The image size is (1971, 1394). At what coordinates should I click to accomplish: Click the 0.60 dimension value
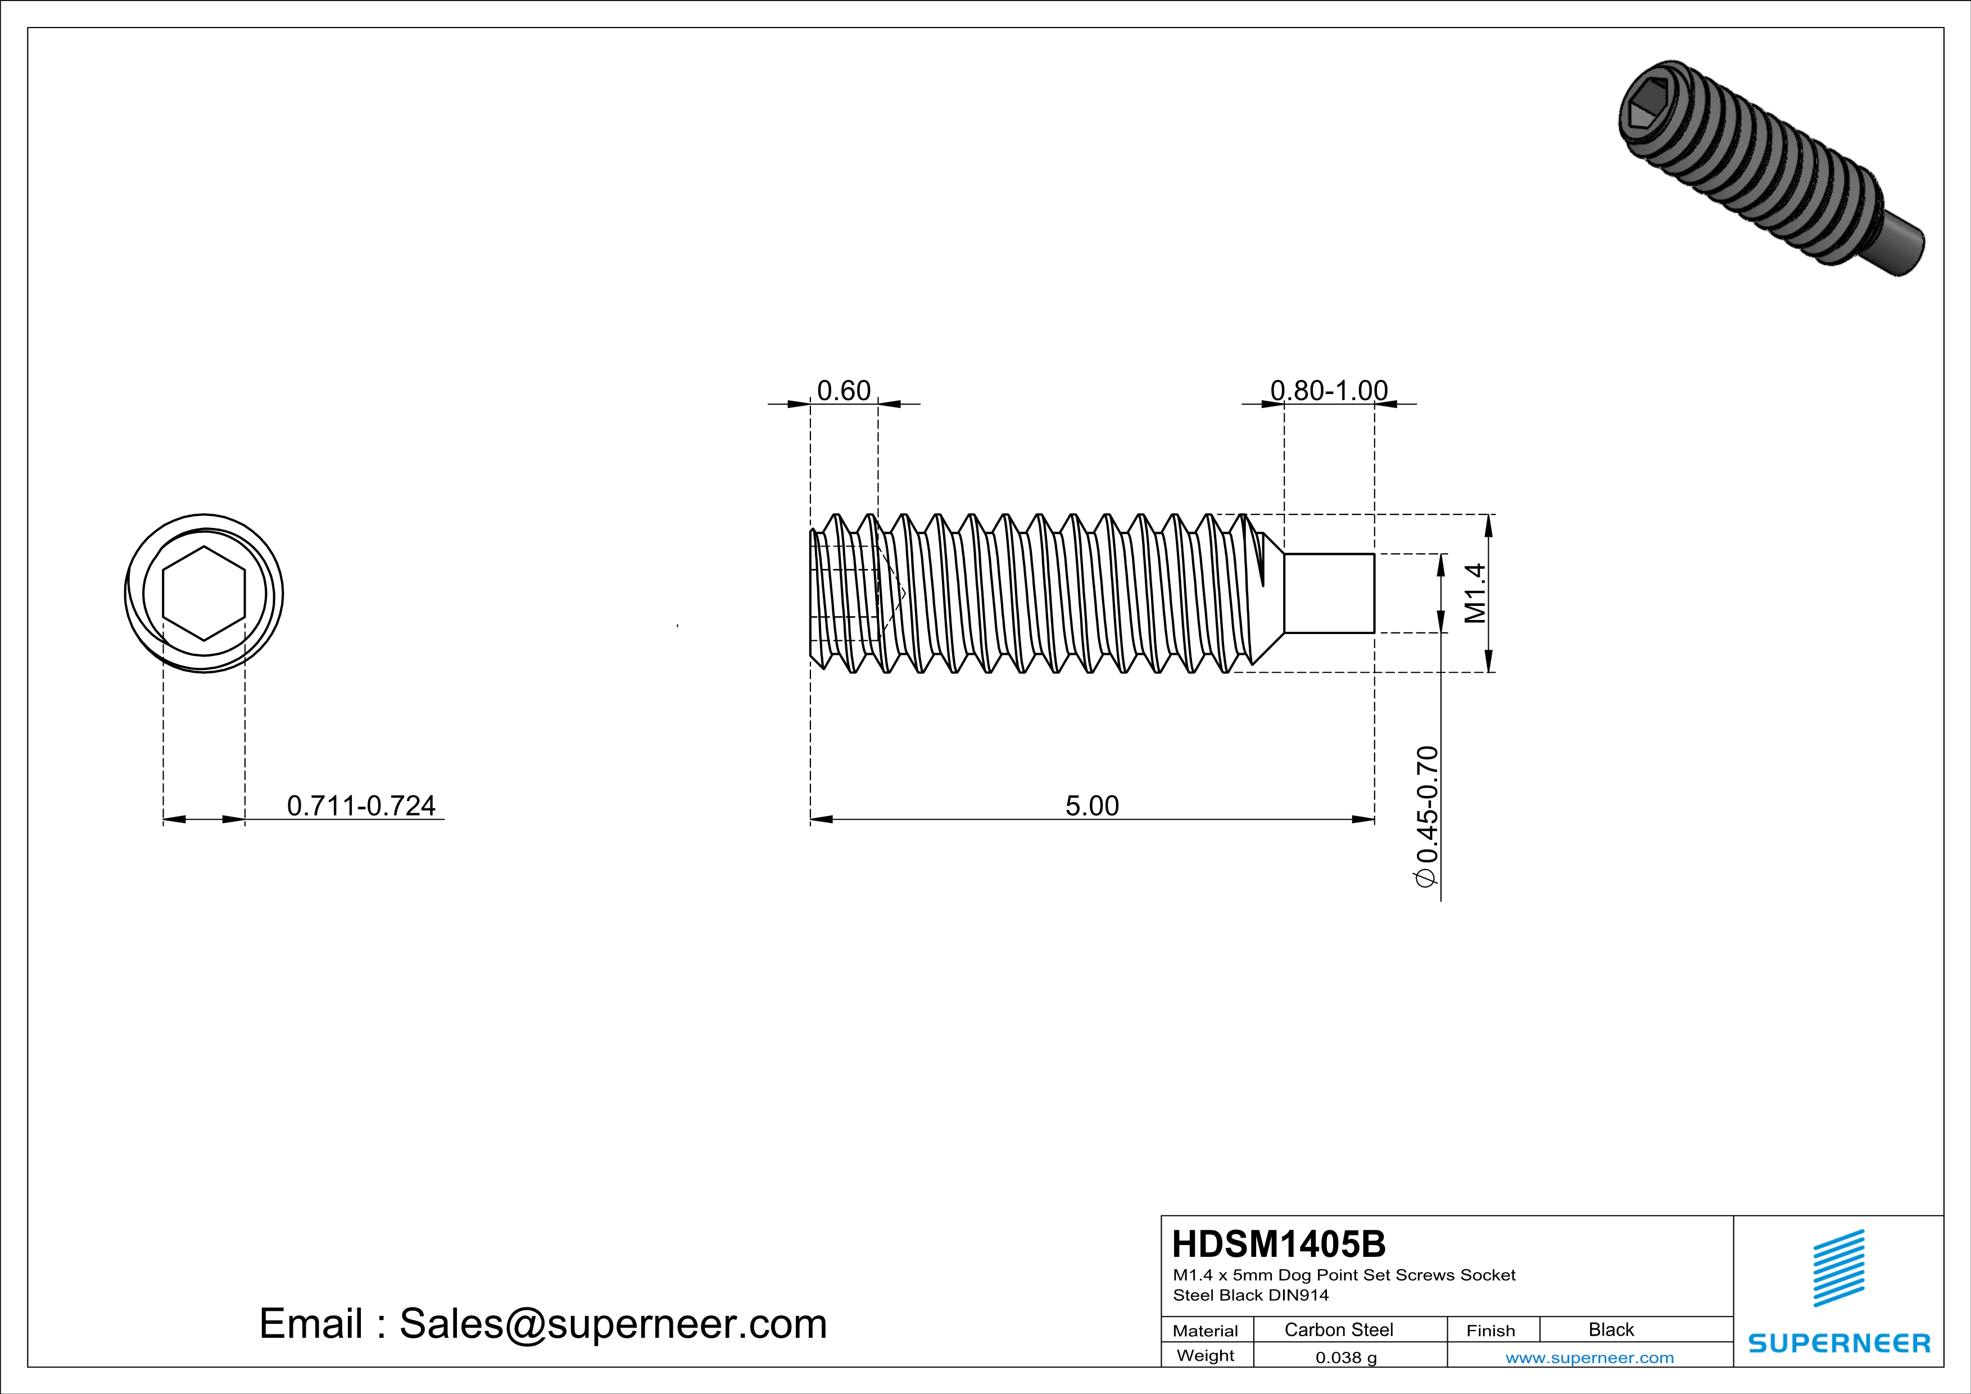tap(843, 391)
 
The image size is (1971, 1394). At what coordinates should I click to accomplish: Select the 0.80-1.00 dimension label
tap(1329, 391)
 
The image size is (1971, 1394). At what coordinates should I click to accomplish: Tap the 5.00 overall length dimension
tap(1092, 806)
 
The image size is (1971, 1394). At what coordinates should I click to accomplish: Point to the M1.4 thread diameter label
tap(1475, 593)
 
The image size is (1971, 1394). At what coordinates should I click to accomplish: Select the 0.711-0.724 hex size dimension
tap(361, 806)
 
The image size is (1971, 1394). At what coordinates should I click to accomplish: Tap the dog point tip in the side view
tap(1329, 593)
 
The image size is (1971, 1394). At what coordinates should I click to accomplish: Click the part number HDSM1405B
tap(1278, 1244)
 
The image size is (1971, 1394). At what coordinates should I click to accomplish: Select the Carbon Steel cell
tap(1338, 1329)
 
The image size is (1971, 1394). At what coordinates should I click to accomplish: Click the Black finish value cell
tap(1610, 1329)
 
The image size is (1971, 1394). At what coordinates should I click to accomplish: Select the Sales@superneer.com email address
tap(613, 1324)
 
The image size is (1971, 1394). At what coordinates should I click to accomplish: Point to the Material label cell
tap(1206, 1330)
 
